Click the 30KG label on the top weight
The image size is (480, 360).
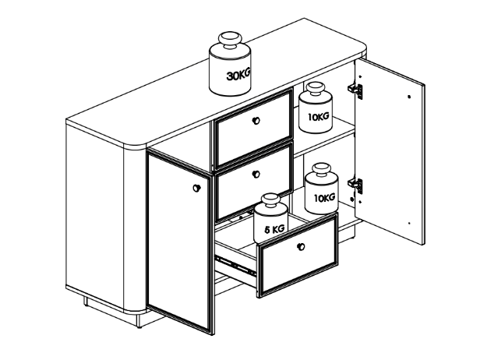(238, 74)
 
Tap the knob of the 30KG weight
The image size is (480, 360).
(230, 40)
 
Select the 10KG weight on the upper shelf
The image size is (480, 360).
(316, 108)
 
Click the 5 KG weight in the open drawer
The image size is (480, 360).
(270, 218)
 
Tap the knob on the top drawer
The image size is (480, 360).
(256, 121)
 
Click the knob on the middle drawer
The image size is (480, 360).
(256, 175)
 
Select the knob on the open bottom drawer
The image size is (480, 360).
(302, 246)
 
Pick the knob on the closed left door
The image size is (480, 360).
(197, 188)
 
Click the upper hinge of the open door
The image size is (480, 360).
(355, 90)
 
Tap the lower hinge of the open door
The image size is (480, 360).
(355, 185)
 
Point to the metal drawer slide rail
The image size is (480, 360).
(235, 265)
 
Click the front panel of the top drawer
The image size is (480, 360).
(252, 129)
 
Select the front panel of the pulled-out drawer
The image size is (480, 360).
(298, 256)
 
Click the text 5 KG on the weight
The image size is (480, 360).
(274, 228)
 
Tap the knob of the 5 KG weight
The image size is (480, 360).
(270, 201)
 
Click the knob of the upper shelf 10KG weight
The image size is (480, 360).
(316, 89)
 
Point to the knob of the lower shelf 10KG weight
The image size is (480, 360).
(321, 170)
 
